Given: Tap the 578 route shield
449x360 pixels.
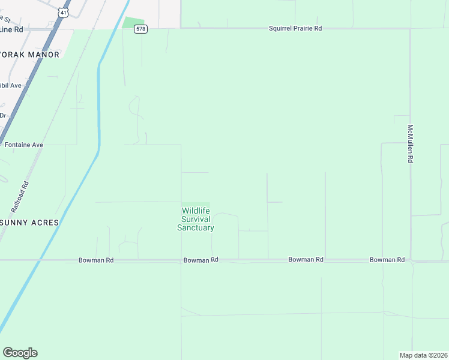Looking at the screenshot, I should pos(140,29).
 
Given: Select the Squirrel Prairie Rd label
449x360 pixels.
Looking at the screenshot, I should pos(295,28).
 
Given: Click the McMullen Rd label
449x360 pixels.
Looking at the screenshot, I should pos(411,144).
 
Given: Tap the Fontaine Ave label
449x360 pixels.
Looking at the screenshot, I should pos(24,145).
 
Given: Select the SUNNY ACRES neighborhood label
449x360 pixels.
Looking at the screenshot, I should pos(29,223).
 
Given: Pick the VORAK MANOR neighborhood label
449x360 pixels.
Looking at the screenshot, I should pos(30,55).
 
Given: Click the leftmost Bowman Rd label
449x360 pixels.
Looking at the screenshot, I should pos(96,260).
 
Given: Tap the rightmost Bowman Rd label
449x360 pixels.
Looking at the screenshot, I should pos(387,260).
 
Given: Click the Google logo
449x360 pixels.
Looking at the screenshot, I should pos(20,353).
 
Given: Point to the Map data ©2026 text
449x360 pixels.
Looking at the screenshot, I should pos(423,355).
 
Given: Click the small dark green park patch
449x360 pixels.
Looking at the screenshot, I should pos(134,23).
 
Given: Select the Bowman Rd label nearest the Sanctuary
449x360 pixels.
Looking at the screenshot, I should pos(200,260).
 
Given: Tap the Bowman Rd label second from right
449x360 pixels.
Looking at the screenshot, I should pos(306,260).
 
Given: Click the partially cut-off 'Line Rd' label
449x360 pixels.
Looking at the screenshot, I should pos(12,29).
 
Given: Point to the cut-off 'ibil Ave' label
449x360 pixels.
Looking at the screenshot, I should pos(11,86).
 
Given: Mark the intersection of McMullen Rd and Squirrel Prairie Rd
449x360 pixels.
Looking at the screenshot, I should pos(411,28).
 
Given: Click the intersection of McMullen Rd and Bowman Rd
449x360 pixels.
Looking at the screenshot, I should pos(411,260).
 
